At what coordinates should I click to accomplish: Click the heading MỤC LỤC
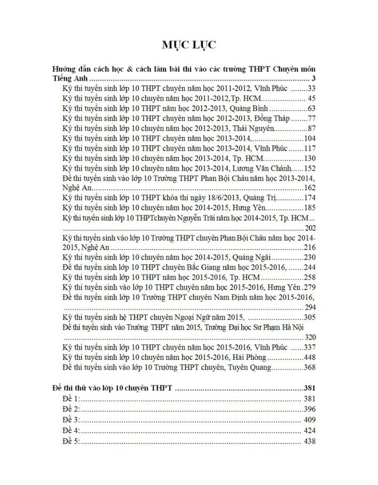(x=189, y=45)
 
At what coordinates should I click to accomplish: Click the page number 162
(x=309, y=188)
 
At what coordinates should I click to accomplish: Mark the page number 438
(x=309, y=441)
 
